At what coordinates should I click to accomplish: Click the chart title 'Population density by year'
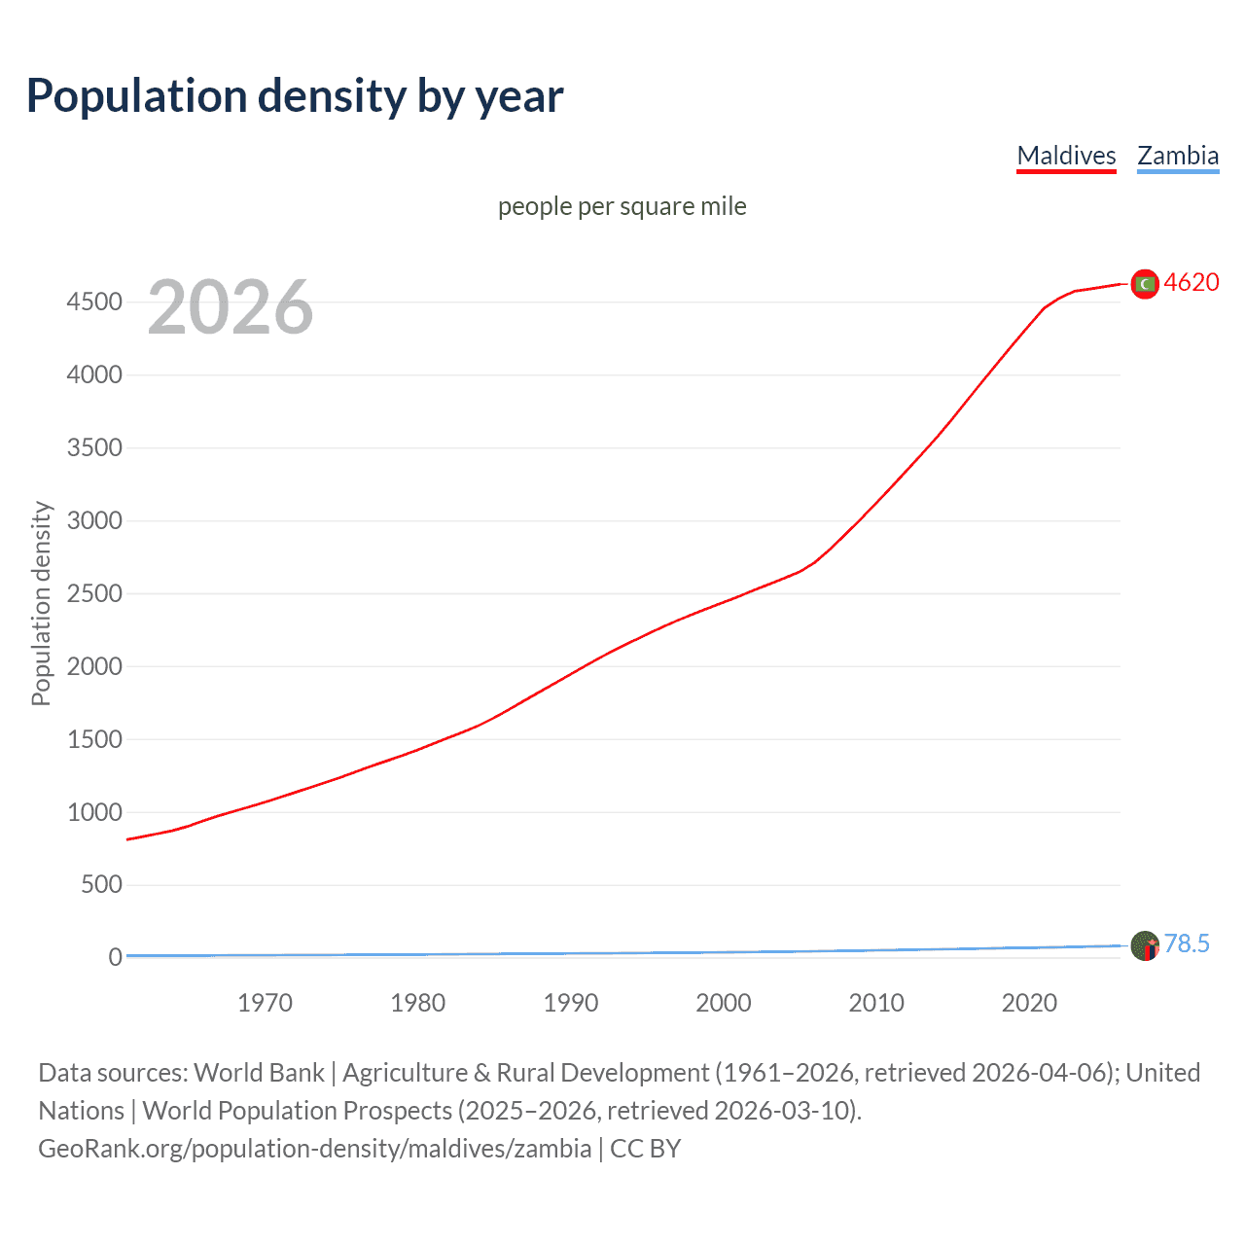(295, 96)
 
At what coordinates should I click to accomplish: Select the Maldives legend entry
(1066, 156)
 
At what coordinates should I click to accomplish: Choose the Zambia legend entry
(1178, 156)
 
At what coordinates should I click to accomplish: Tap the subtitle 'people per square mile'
(622, 206)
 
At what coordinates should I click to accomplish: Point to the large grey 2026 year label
(231, 307)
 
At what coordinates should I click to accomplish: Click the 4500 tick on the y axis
(94, 302)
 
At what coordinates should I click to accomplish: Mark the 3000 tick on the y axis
(94, 520)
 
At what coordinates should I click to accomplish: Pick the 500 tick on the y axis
(101, 884)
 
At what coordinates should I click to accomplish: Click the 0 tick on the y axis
(115, 957)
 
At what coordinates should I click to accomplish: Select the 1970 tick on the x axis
(265, 1003)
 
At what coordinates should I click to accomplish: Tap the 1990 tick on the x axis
(571, 1003)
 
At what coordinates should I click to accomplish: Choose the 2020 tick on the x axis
(1029, 1003)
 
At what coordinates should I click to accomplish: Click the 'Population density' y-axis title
(41, 603)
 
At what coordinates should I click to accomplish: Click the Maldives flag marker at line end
(1145, 283)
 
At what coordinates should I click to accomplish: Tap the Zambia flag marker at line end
(1145, 945)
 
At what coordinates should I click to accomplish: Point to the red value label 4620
(1192, 283)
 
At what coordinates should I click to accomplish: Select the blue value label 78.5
(1187, 944)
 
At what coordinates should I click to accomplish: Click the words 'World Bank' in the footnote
(259, 1073)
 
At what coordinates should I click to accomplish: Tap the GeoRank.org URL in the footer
(314, 1149)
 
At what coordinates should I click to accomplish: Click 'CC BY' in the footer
(645, 1149)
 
